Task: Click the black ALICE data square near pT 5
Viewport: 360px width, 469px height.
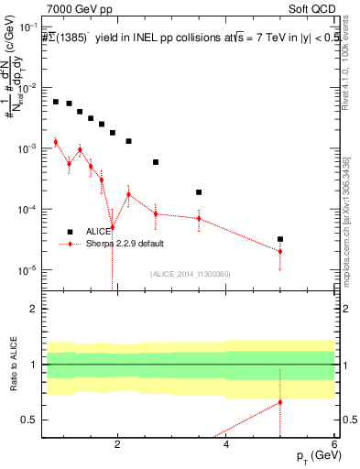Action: click(x=280, y=239)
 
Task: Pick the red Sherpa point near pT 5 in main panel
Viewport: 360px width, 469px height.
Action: click(x=280, y=251)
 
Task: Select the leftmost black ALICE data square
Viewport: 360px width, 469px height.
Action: click(x=56, y=102)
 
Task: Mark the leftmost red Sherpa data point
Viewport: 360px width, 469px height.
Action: click(x=56, y=141)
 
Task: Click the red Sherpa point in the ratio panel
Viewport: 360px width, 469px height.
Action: click(x=280, y=402)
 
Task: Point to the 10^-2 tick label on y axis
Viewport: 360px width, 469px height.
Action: click(x=28, y=88)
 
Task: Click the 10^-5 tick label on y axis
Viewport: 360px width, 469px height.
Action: click(x=28, y=270)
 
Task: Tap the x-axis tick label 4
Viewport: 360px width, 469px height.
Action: click(x=226, y=446)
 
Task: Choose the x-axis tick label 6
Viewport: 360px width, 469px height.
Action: click(x=334, y=446)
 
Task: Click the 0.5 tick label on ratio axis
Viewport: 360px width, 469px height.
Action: click(x=30, y=420)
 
